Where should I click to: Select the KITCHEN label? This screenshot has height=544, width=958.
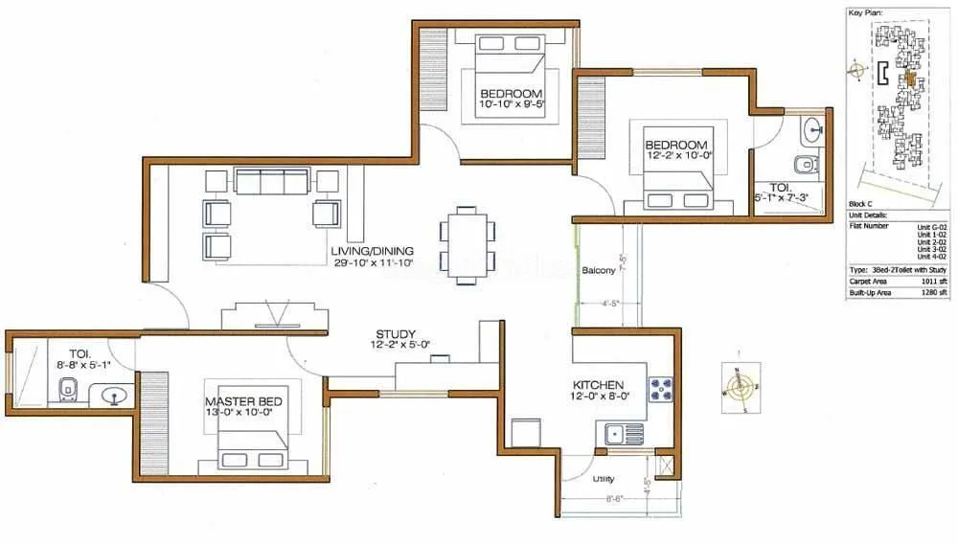point(598,384)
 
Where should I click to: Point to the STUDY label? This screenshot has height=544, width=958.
point(394,333)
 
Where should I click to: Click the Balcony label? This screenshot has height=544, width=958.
point(599,271)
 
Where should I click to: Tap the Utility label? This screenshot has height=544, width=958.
point(604,479)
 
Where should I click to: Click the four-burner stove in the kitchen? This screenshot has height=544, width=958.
point(662,388)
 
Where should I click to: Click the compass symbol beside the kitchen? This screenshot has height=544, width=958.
point(739,389)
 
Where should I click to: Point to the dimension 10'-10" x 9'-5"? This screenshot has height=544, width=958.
point(513,105)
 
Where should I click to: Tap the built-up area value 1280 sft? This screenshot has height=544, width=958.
point(934,293)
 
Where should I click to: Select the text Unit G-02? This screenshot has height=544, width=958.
point(931,226)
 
